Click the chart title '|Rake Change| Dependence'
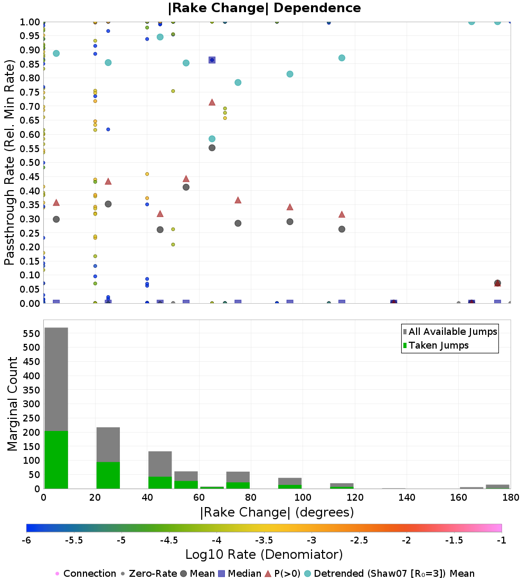[264, 8]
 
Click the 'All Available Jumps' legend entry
[450, 332]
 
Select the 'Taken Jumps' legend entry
[436, 345]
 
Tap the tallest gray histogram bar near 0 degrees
[56, 379]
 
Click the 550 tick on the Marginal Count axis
[32, 333]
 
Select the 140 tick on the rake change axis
[407, 497]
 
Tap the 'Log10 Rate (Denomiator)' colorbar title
[264, 555]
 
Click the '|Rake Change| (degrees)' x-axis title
[277, 512]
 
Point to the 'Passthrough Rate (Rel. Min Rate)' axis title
[10, 162]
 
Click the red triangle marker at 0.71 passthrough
[212, 102]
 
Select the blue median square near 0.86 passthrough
[212, 60]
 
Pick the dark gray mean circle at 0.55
[212, 148]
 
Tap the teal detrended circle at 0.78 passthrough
[238, 82]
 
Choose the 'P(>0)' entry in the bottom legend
[283, 574]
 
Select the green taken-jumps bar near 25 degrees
[108, 475]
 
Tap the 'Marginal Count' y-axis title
[12, 404]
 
